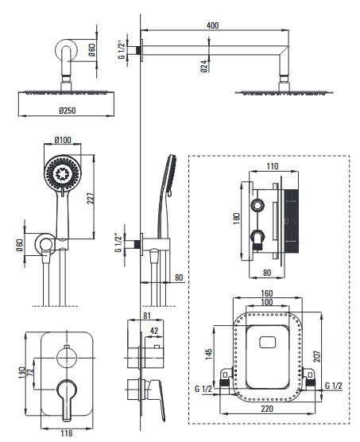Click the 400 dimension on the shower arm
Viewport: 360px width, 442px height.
[x=212, y=25]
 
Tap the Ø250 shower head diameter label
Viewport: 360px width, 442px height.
[x=68, y=111]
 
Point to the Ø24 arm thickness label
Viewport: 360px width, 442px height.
[x=204, y=66]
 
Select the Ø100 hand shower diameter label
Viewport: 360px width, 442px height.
[x=63, y=140]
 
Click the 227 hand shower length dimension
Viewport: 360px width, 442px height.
[x=91, y=198]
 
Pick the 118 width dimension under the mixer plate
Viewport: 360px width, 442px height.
[x=67, y=433]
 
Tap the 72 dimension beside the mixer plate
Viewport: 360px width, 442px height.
[x=30, y=371]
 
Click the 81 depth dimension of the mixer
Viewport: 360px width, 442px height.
[x=147, y=316]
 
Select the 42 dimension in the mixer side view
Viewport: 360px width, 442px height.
[x=154, y=331]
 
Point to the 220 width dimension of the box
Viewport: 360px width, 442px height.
[x=267, y=409]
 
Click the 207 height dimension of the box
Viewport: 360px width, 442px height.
[x=316, y=357]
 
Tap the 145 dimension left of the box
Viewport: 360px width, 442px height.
[x=209, y=354]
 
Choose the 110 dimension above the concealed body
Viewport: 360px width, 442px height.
[x=273, y=166]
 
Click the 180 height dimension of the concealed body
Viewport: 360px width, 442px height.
[x=237, y=219]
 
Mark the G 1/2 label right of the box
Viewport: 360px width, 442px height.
[x=334, y=386]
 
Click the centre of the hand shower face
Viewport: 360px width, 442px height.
[x=63, y=173]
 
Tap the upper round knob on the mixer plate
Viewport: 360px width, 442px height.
[x=67, y=358]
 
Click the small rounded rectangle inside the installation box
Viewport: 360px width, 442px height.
[x=267, y=342]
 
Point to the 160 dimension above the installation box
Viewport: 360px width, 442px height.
[x=267, y=293]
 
